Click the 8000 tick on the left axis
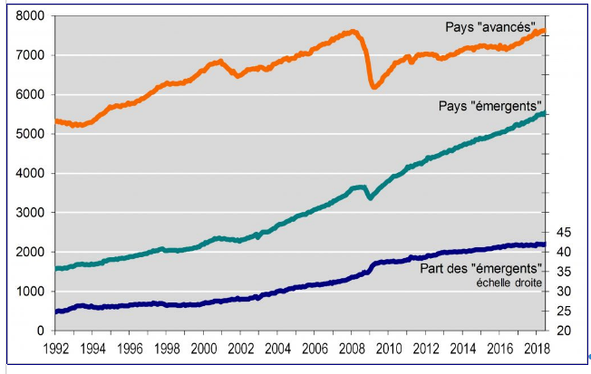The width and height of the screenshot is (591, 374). [32, 16]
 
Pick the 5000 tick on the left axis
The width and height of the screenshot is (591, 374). [32, 134]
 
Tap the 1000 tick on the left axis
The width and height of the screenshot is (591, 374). [32, 292]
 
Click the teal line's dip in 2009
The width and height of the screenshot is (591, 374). [369, 197]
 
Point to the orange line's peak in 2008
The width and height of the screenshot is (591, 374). [353, 32]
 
